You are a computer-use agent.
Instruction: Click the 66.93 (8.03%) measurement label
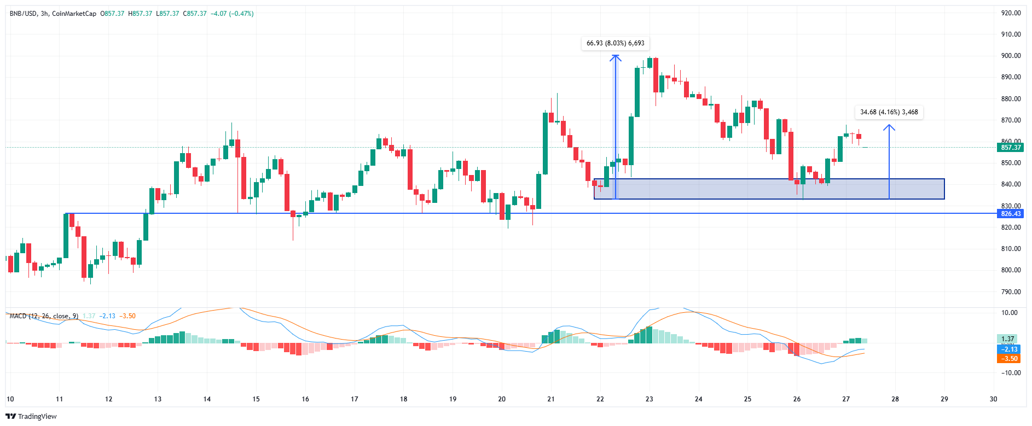pos(615,43)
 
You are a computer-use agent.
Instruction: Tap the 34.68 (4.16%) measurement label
pos(889,112)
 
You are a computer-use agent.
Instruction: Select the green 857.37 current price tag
pos(1011,148)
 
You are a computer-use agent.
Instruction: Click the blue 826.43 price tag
pos(1011,214)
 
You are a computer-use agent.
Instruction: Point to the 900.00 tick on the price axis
pos(1011,56)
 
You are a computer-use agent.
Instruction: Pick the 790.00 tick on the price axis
pos(1011,292)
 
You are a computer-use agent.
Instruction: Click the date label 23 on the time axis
pos(650,399)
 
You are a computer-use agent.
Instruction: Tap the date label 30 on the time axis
pos(994,399)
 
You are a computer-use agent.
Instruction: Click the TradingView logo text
pos(37,417)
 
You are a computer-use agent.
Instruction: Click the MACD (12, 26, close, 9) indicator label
pos(44,316)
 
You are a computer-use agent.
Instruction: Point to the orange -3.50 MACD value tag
pos(1009,359)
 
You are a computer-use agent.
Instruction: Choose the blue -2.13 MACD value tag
pos(1009,349)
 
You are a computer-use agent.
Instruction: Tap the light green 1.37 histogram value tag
pos(1007,339)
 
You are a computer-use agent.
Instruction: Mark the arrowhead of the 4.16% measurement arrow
pos(889,127)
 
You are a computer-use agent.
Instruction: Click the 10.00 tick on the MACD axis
pos(1010,313)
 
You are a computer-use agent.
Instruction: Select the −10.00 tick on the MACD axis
pos(1008,373)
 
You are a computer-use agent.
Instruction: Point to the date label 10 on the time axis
pos(10,399)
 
